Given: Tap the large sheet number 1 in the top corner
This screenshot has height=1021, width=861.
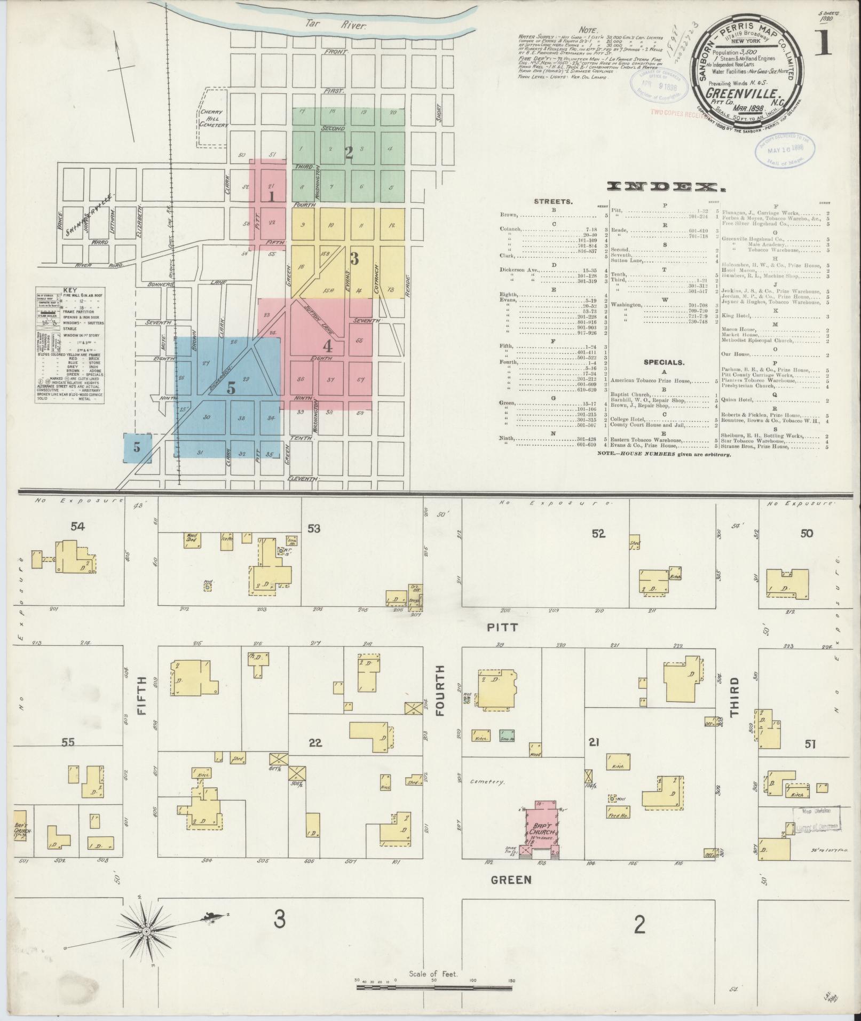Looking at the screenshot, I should [x=823, y=41].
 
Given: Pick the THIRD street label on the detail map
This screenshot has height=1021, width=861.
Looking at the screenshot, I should [x=735, y=696].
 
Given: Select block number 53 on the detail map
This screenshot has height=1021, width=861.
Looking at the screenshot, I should [x=314, y=528].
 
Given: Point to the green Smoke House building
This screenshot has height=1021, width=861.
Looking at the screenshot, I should [x=507, y=735].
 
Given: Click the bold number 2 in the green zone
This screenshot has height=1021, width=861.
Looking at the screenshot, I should [x=349, y=153].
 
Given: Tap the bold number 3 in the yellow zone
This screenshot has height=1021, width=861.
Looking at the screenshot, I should [x=353, y=259].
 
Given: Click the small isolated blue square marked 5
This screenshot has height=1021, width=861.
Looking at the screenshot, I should [x=137, y=447].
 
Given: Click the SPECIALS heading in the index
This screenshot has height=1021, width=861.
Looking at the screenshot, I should [x=663, y=362].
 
